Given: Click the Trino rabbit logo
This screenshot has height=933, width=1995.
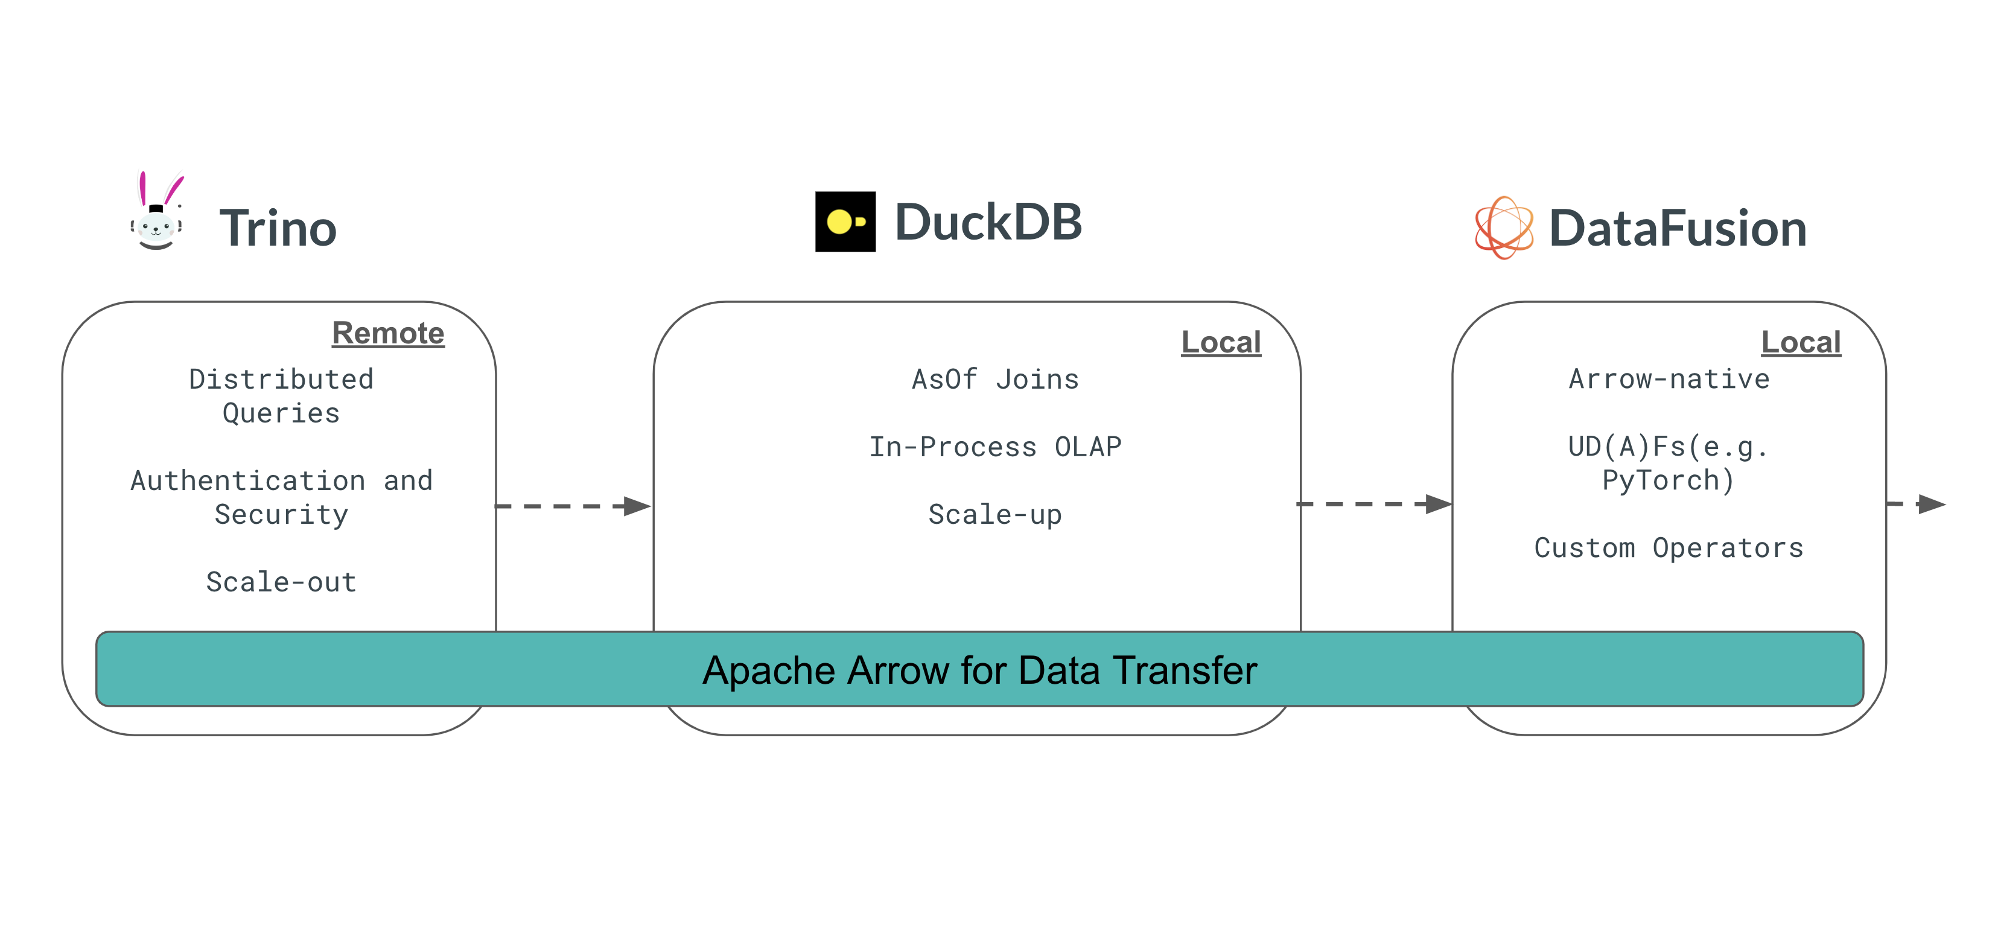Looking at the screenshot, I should coord(158,212).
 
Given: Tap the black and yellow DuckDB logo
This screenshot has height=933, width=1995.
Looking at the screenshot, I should coord(845,222).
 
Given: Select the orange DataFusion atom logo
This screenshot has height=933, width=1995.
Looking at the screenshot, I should coord(1503,228).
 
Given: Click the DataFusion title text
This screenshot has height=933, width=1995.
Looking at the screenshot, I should coord(1677,228).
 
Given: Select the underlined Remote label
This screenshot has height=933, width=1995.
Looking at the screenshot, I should coord(388,334).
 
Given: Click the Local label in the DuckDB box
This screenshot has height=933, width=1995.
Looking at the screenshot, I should coord(1221,342).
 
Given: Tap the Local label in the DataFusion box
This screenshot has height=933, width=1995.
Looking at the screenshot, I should coord(1801,342).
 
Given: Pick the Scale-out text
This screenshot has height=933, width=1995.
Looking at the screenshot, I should coord(281,582).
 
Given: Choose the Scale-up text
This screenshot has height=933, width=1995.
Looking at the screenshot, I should coord(995,515).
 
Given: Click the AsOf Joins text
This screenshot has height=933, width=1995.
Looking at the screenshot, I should coord(995,380).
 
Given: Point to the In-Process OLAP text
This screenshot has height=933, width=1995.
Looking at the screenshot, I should coord(995,447).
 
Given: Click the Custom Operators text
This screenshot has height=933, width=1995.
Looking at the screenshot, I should coord(1669,548).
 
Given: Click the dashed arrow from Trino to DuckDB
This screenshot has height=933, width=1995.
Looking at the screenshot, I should coord(573,506).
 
